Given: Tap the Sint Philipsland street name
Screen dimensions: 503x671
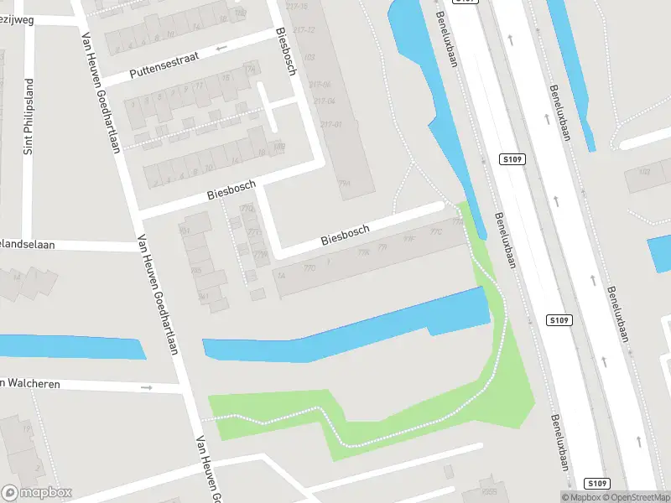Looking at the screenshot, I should [x=29, y=127].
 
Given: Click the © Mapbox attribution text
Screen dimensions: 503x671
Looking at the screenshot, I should [x=583, y=497].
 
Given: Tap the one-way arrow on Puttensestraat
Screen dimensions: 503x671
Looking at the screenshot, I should [x=221, y=48].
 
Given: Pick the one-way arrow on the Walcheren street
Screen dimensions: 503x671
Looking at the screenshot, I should [x=147, y=388].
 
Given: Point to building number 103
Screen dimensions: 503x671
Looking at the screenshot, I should [x=309, y=57].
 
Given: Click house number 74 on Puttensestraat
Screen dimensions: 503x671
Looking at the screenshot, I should [x=249, y=69].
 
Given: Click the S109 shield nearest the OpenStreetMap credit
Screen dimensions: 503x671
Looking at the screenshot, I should [x=596, y=484].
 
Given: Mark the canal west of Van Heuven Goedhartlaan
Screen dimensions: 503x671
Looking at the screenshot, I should [x=71, y=346].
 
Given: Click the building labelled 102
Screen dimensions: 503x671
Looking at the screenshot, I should [x=644, y=172].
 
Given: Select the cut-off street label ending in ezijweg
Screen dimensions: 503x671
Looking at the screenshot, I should [x=17, y=20].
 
